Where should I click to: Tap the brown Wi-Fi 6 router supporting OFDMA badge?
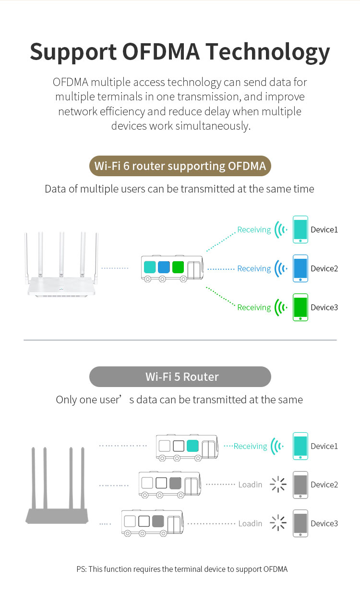pos(180,166)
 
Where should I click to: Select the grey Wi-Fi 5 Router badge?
pos(180,376)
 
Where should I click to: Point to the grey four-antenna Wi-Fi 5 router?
pos(58,495)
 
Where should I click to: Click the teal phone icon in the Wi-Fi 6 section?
pos(300,230)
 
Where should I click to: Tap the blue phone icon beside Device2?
pos(300,268)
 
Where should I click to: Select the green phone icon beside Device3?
pos(300,307)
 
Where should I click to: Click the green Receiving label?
pos(254,307)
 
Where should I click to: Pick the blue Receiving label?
pos(254,268)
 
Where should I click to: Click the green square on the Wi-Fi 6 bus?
pos(178,267)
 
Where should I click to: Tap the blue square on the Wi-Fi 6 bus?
pos(164,267)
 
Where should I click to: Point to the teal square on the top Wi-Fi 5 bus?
pos(192,446)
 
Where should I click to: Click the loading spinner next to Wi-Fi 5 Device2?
pos(278,485)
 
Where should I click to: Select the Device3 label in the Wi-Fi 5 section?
pos(324,523)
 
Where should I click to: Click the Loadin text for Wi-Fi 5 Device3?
pos(250,523)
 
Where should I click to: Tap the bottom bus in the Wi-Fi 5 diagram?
pos(152,523)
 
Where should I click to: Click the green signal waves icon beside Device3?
pos(280,307)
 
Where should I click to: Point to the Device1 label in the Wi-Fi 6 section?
pos(324,230)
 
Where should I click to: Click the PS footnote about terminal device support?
pos(182,570)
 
